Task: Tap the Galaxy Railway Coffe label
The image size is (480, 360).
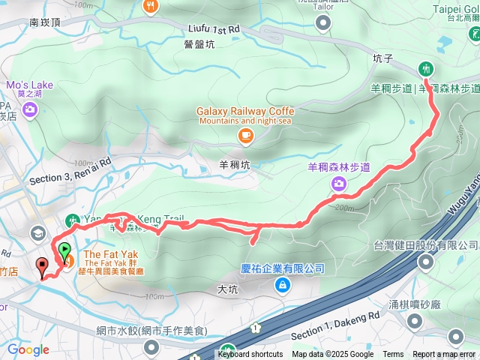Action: (x=245, y=111)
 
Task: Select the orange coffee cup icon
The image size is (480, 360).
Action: (x=244, y=135)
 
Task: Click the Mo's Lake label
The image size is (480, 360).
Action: (x=30, y=85)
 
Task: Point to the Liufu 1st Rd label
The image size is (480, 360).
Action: (x=213, y=29)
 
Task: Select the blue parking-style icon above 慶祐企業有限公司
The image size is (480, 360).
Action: (x=282, y=284)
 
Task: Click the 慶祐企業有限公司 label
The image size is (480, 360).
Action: (x=282, y=268)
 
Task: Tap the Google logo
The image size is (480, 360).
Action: (x=28, y=349)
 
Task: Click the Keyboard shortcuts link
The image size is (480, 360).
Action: (x=250, y=355)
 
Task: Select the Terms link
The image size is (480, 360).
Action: (x=393, y=355)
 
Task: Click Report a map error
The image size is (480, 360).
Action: (x=445, y=355)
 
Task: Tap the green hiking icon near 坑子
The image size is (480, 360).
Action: (x=426, y=68)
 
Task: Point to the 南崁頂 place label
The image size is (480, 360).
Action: (x=45, y=23)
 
